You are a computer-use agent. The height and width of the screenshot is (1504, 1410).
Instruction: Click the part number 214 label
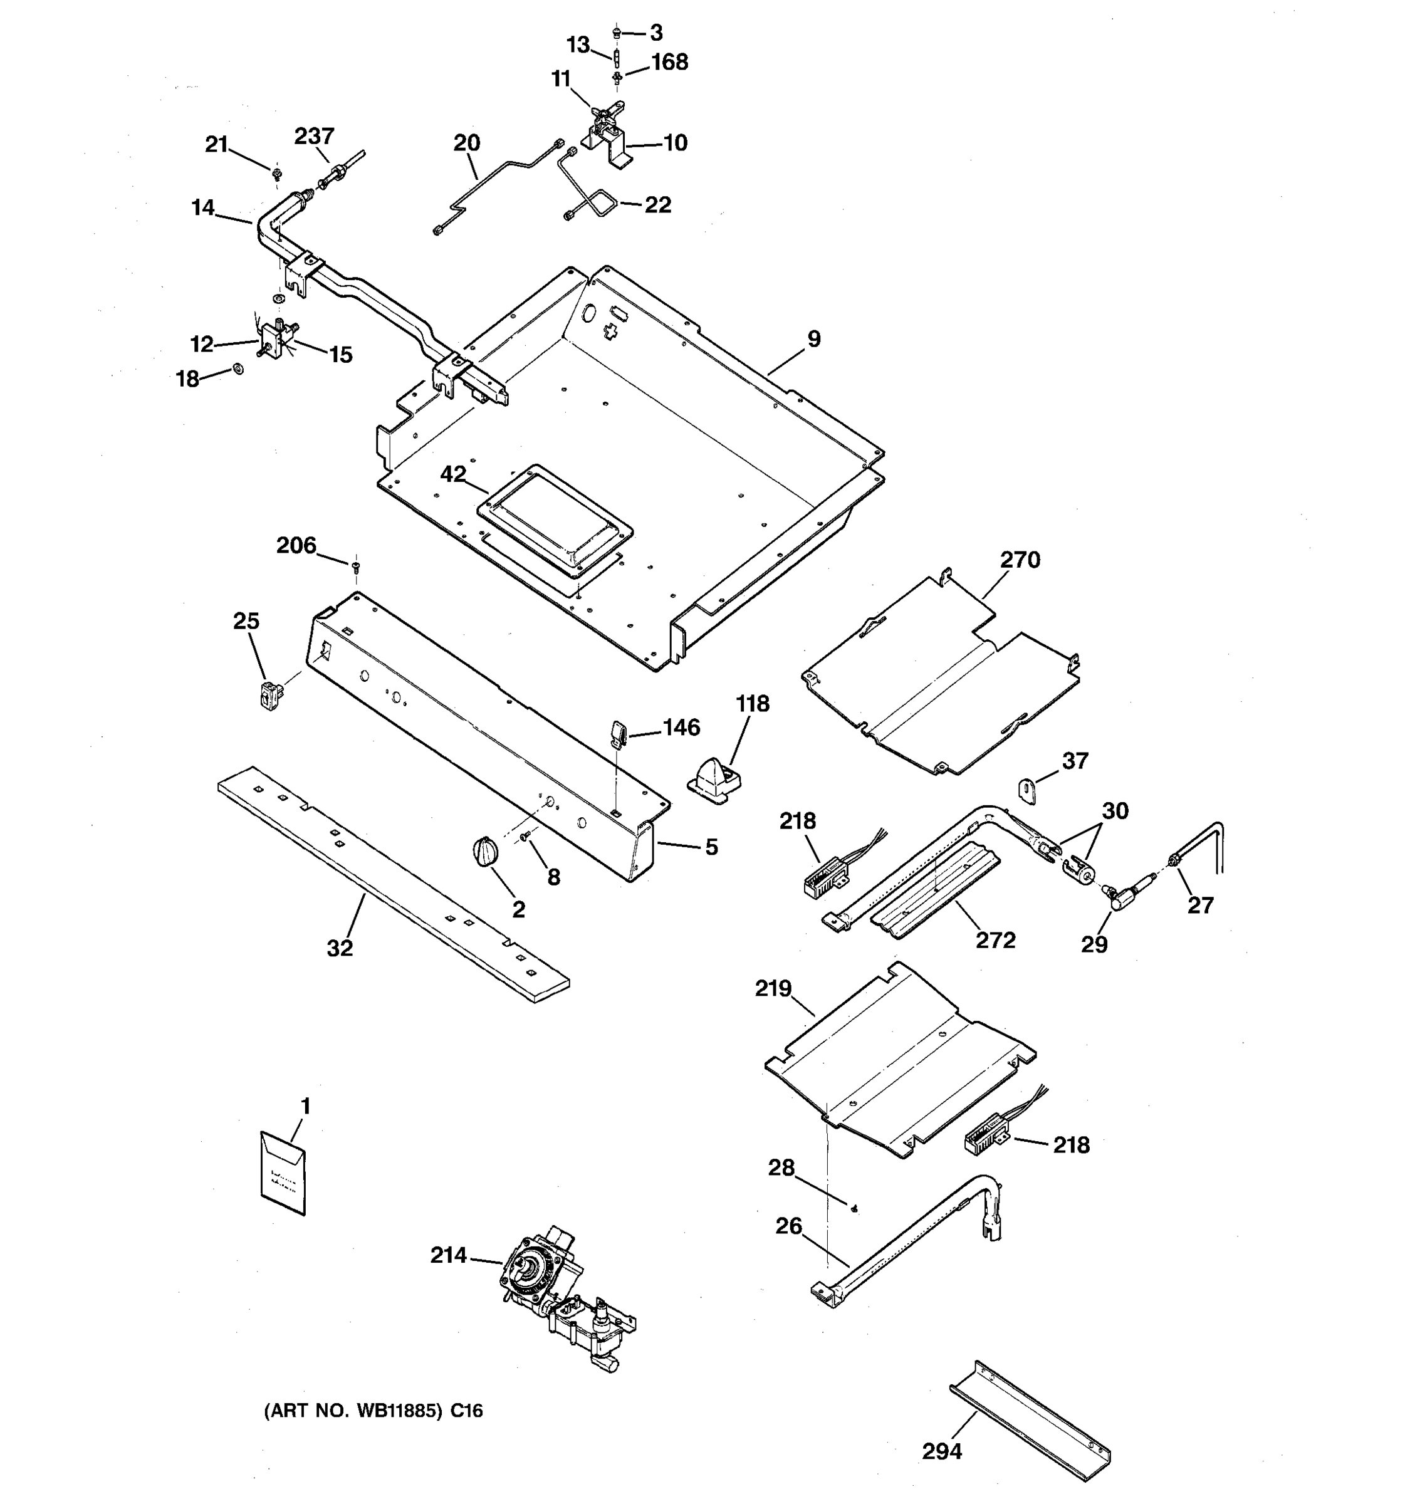tap(448, 1256)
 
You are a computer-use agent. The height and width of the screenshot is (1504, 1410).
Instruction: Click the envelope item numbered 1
tap(283, 1173)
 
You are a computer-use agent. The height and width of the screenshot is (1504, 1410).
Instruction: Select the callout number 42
tap(453, 474)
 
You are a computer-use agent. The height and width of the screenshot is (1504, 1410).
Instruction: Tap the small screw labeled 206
tap(355, 565)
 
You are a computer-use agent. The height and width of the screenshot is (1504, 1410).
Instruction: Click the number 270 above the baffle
tap(1020, 560)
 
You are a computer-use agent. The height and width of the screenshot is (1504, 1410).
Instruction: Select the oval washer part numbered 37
tap(1027, 791)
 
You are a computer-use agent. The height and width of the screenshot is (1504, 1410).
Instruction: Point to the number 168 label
tap(669, 62)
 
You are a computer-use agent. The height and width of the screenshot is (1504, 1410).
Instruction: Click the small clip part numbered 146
tap(617, 733)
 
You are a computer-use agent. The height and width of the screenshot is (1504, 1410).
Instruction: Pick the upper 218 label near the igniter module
tap(797, 821)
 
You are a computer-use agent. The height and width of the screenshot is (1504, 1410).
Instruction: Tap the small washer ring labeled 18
tap(238, 368)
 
